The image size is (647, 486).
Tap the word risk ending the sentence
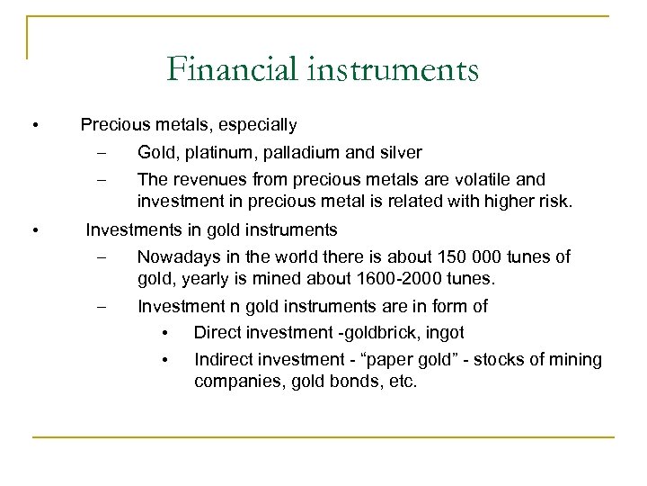point(550,200)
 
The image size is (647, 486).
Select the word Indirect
point(221,359)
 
